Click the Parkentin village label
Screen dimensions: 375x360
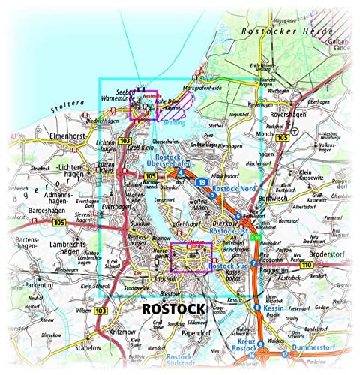pyautogui.click(x=38, y=286)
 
